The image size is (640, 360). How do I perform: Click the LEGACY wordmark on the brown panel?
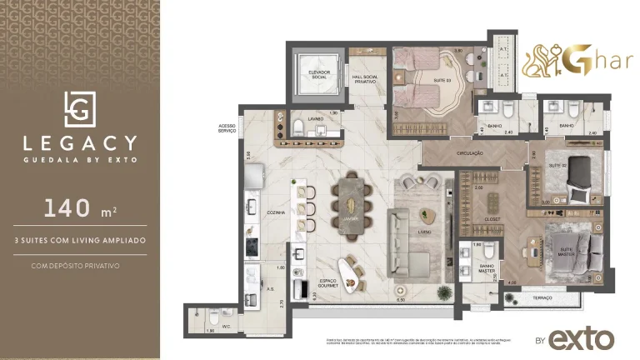(x=80, y=142)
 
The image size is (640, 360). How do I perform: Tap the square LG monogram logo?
(x=80, y=108)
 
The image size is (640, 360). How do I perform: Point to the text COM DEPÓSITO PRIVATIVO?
(x=80, y=266)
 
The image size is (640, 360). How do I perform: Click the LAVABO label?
(x=315, y=118)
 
